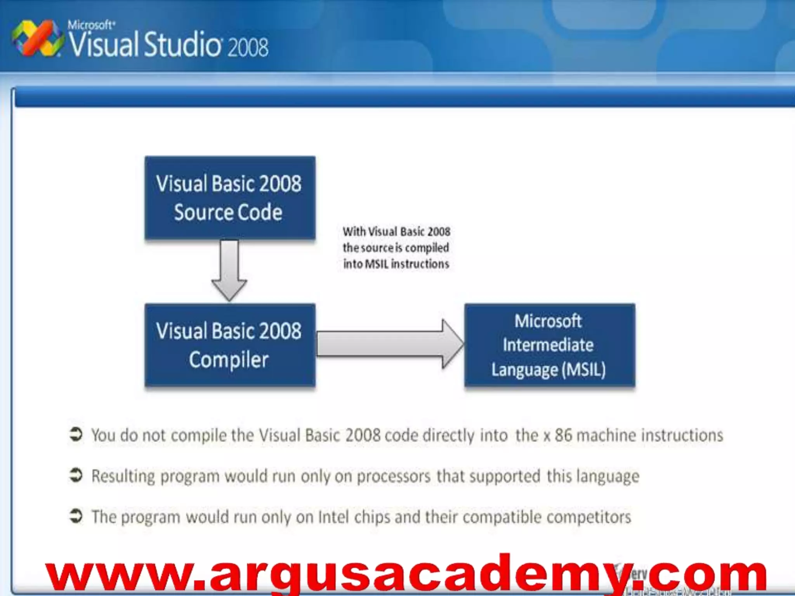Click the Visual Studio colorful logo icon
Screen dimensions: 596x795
pyautogui.click(x=37, y=38)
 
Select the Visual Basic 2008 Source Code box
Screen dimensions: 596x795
pyautogui.click(x=230, y=198)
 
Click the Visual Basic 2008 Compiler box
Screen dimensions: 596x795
pyautogui.click(x=230, y=345)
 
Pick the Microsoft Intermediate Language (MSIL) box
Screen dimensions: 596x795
pyautogui.click(x=549, y=345)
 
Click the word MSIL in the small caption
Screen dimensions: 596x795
pyautogui.click(x=377, y=264)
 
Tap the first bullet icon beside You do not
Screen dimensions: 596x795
pyautogui.click(x=76, y=435)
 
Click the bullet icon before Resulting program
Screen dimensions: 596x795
pyautogui.click(x=76, y=475)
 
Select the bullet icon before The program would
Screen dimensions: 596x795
pyautogui.click(x=76, y=516)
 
